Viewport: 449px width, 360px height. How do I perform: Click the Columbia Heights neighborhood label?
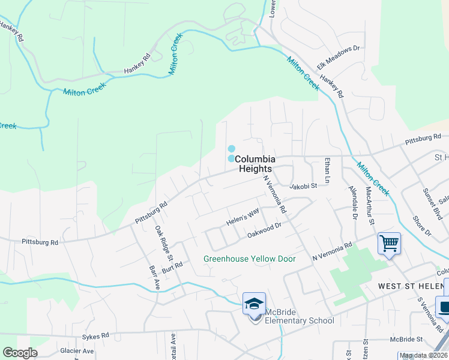255,164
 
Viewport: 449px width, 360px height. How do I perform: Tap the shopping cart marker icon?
389,244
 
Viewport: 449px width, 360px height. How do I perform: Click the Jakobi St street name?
303,187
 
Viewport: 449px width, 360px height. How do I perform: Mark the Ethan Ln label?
327,171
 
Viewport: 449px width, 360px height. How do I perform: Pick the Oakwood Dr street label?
264,230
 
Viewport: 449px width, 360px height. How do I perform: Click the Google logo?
20,353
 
